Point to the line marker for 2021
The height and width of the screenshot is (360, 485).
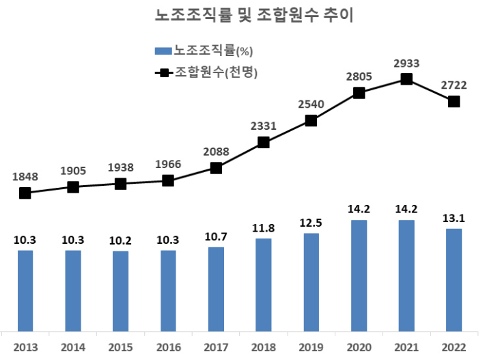[x=406, y=79]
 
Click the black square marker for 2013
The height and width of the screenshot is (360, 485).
[x=25, y=193]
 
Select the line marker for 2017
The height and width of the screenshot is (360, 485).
[x=216, y=168]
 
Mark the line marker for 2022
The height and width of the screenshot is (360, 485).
[x=454, y=102]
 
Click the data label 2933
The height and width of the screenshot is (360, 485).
[x=406, y=64]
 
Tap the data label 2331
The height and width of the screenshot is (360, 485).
[x=264, y=126]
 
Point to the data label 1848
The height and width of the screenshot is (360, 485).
[x=25, y=177]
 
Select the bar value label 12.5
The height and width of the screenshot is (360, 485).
[x=311, y=223]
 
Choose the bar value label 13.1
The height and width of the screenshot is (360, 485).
[x=454, y=218]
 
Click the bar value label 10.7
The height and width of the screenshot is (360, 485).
[x=216, y=236]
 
